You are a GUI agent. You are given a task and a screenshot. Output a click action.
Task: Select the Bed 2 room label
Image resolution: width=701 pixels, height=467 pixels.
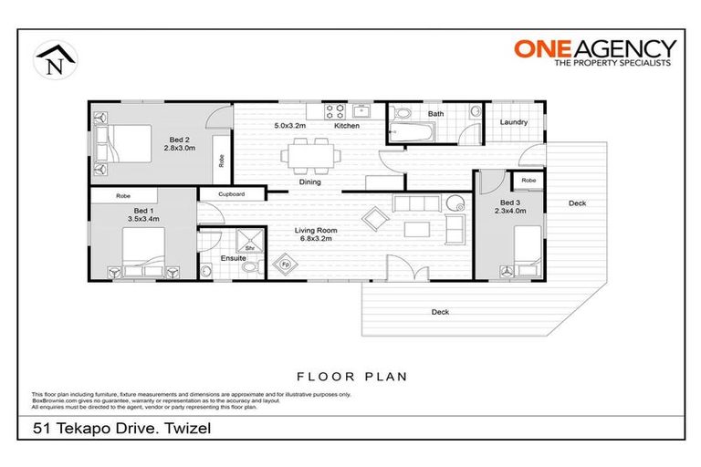[x=180, y=142]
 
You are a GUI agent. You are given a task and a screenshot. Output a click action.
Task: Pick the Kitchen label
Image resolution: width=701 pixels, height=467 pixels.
[x=346, y=126]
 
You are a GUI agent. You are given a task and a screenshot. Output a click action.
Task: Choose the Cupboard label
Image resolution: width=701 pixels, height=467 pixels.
[x=230, y=194]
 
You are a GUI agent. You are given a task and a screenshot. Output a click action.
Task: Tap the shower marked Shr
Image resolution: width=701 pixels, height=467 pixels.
[x=247, y=243]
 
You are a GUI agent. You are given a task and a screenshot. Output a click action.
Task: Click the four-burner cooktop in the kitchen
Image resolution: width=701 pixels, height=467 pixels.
[x=334, y=112]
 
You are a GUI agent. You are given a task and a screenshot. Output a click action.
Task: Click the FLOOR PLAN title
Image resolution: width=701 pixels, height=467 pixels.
[x=350, y=376]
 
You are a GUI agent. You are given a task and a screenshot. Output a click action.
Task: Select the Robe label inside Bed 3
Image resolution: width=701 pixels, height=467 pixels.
[x=528, y=181]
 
